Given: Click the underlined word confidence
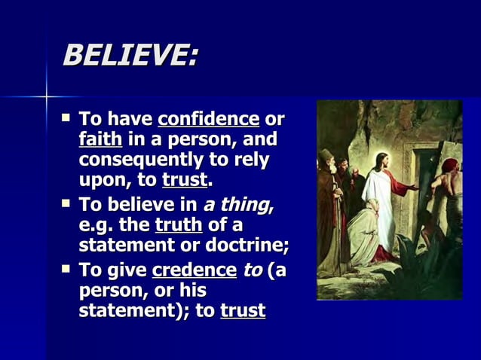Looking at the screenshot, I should point(209,119).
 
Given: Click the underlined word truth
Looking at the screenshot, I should point(179,225).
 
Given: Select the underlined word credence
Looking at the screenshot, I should point(193,270).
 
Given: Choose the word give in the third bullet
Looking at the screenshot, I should point(126,270).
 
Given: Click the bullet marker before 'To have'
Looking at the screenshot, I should point(66,118).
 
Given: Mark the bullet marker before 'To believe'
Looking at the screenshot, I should point(66,204).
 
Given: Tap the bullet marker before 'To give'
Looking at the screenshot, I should point(66,269).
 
